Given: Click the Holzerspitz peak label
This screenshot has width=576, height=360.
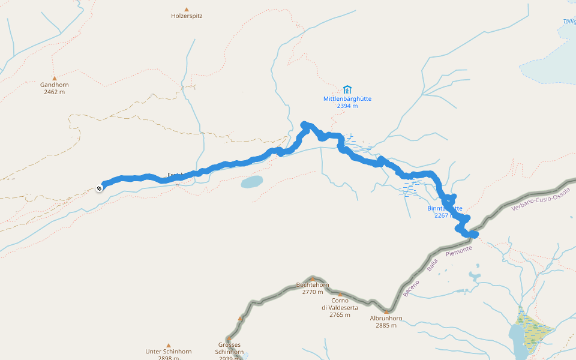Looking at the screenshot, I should (x=187, y=16).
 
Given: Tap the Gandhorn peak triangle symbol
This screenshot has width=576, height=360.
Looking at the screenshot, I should (x=55, y=78).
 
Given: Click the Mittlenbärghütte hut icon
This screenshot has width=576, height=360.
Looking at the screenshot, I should (x=347, y=89).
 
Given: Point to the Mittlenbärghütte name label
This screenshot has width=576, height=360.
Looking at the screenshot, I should (x=347, y=98).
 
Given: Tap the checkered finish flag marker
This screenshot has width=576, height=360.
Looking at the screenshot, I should (x=99, y=188).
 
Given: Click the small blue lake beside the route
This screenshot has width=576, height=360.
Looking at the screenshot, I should (x=252, y=181).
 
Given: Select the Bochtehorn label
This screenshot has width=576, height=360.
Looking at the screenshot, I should (x=313, y=285).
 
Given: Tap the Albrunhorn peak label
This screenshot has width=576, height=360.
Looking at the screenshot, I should (x=386, y=318).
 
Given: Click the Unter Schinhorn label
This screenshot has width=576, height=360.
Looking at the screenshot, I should (x=168, y=352).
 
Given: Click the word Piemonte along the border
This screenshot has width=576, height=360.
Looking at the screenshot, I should (x=459, y=251).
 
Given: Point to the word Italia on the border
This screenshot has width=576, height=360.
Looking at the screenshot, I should (x=433, y=265).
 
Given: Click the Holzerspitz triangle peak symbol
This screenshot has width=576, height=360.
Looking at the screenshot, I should (x=187, y=9).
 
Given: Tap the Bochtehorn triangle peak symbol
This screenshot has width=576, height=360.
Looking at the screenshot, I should (x=312, y=278).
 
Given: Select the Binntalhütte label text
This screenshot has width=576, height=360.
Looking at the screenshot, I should (x=444, y=209).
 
